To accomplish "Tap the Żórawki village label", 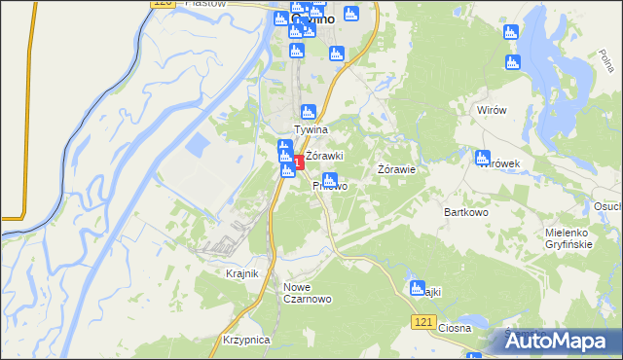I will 325,156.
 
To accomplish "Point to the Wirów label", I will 492,111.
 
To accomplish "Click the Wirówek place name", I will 500,163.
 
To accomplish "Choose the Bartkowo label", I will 465,211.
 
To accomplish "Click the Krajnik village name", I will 241,274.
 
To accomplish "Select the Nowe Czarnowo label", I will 308,293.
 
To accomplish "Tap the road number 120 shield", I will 163,5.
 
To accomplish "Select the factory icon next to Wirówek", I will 482,158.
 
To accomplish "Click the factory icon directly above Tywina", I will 309,112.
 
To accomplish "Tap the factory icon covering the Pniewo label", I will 330,180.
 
